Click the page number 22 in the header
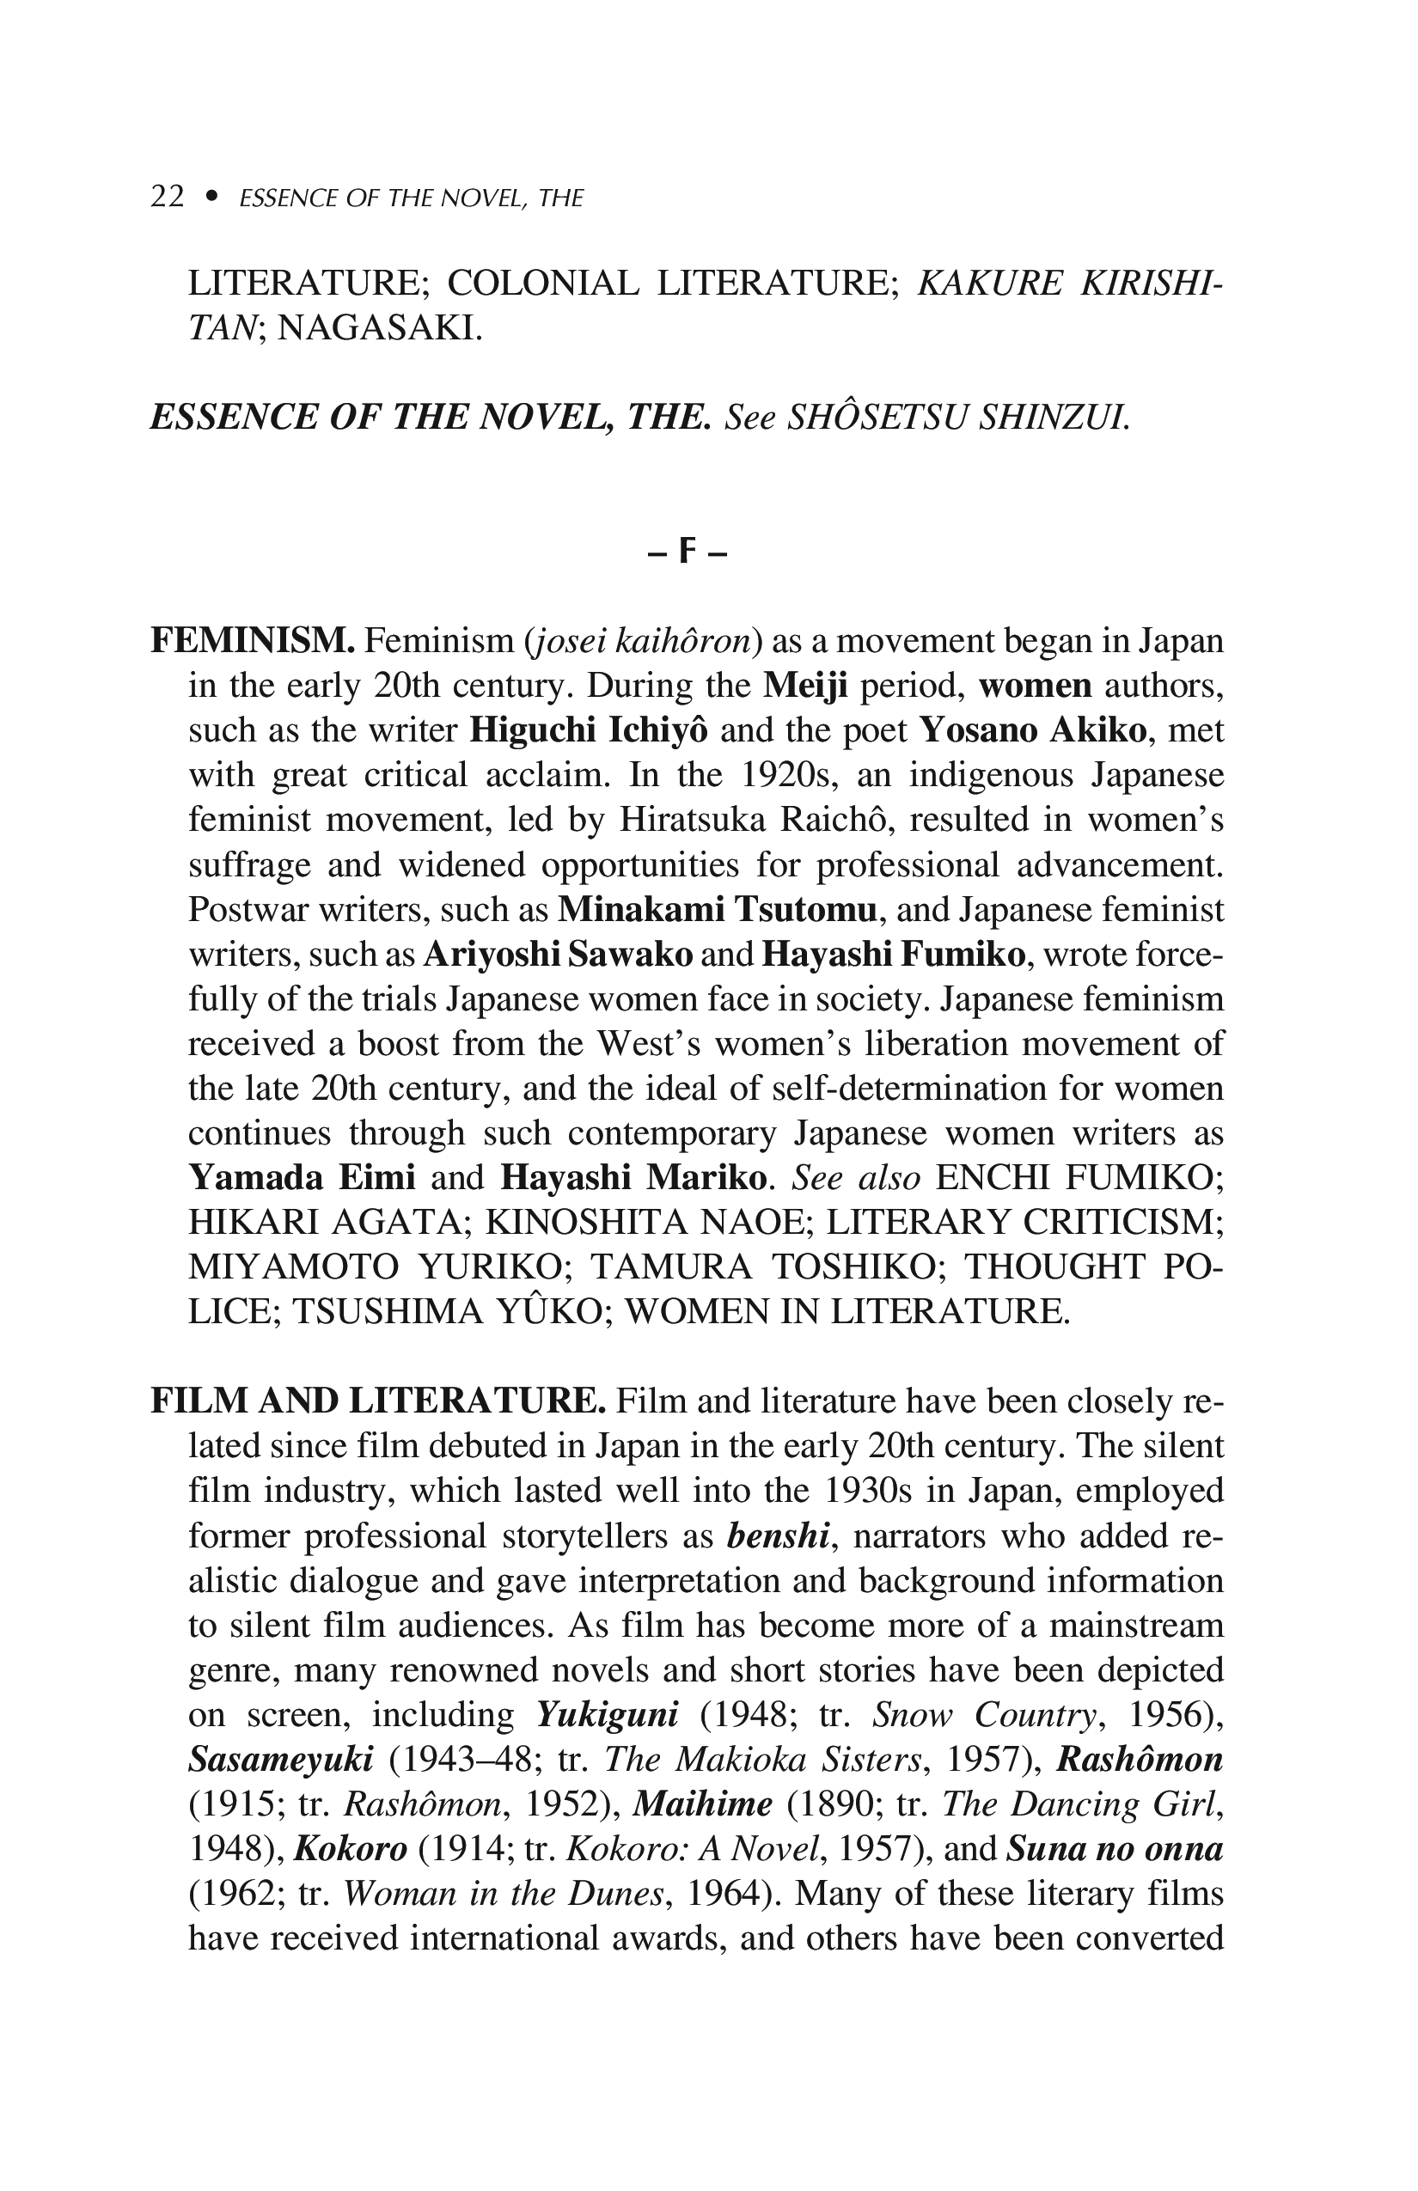click(x=167, y=197)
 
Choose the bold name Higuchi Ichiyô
click(x=590, y=730)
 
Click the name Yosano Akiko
click(x=1033, y=730)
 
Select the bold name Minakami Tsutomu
click(x=718, y=910)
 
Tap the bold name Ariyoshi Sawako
click(x=558, y=955)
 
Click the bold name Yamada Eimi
click(x=302, y=1177)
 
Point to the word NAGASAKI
click(x=379, y=327)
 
